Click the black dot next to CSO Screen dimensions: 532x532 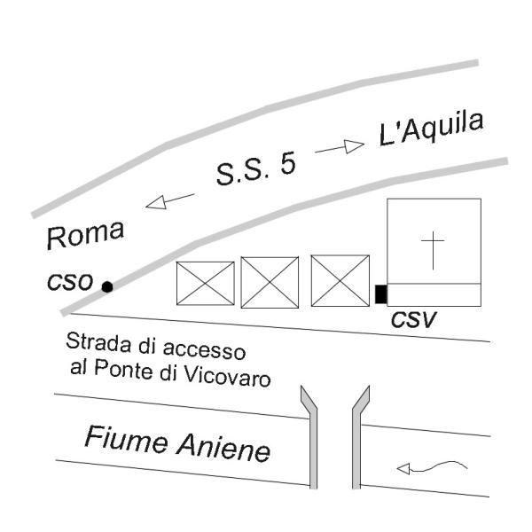(x=107, y=287)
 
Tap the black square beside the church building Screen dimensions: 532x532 (x=381, y=294)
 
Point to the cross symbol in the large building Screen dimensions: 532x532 (x=433, y=250)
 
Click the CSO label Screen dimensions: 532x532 (x=70, y=282)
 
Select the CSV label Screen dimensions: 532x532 (x=413, y=319)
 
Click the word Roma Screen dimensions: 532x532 (x=85, y=234)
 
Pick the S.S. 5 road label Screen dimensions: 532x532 (x=256, y=168)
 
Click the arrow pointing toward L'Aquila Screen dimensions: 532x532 (x=340, y=147)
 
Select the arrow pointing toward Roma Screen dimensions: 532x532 (x=170, y=201)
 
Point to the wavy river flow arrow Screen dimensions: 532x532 (x=432, y=467)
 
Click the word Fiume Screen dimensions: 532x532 (x=126, y=440)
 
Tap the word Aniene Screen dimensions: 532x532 (x=223, y=448)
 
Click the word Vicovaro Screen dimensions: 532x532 (x=227, y=376)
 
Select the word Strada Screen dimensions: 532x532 (x=98, y=342)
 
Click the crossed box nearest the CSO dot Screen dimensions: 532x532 (x=206, y=284)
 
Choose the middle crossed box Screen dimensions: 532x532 (x=270, y=282)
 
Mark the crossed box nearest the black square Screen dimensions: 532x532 (x=340, y=280)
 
